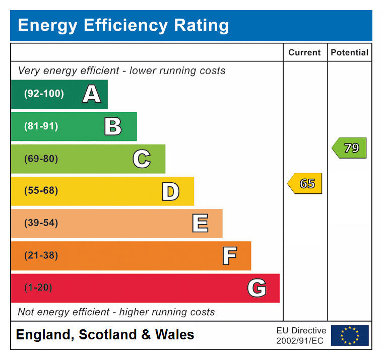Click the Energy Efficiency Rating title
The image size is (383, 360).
(x=123, y=25)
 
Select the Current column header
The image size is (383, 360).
(x=304, y=52)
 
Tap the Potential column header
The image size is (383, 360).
(x=349, y=52)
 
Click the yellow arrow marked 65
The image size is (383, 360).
(x=305, y=184)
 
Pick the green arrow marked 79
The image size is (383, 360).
(x=350, y=148)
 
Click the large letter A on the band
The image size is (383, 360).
(x=91, y=94)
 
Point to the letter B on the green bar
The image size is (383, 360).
(x=113, y=126)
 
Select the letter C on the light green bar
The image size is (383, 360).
(x=142, y=159)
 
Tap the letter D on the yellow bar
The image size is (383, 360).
(x=170, y=191)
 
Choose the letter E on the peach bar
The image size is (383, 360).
(x=200, y=224)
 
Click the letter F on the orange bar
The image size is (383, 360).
(x=229, y=256)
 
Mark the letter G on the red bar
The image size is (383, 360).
(x=257, y=288)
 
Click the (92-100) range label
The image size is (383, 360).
(x=44, y=94)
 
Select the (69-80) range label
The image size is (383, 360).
(x=41, y=159)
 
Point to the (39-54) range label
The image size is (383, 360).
(x=41, y=224)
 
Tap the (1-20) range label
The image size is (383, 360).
(x=38, y=288)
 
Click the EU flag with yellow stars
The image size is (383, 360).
(x=350, y=335)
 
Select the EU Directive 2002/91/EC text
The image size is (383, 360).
(x=301, y=335)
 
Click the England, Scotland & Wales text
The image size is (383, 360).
(x=105, y=335)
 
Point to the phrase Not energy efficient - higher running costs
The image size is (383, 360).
(x=116, y=312)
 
